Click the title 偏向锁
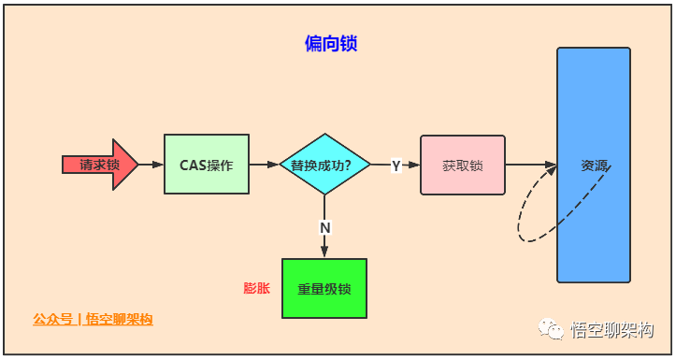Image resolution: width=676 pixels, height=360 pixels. click(x=332, y=44)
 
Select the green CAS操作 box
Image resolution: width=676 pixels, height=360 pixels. click(x=207, y=165)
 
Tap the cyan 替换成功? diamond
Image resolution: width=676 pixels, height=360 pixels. click(x=324, y=165)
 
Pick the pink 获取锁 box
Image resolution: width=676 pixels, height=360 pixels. click(x=462, y=166)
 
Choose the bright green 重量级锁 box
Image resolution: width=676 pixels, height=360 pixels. click(x=324, y=289)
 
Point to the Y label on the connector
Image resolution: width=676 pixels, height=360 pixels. click(x=396, y=166)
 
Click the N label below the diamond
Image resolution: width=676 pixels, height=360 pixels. click(x=324, y=227)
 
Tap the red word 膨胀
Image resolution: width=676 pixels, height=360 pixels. click(x=256, y=288)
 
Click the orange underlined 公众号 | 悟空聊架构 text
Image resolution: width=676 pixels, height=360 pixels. click(x=93, y=320)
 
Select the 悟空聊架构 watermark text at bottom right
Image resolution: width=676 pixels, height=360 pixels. click(x=612, y=330)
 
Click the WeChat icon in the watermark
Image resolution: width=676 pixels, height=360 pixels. click(x=550, y=328)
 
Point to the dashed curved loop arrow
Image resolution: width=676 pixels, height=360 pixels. click(x=528, y=221)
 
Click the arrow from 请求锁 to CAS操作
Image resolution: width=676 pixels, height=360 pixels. click(x=151, y=165)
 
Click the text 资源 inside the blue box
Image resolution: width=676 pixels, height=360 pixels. click(x=594, y=166)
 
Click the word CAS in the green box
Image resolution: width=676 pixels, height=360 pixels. click(x=193, y=165)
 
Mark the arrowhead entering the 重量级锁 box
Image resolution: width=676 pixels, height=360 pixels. click(x=324, y=252)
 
